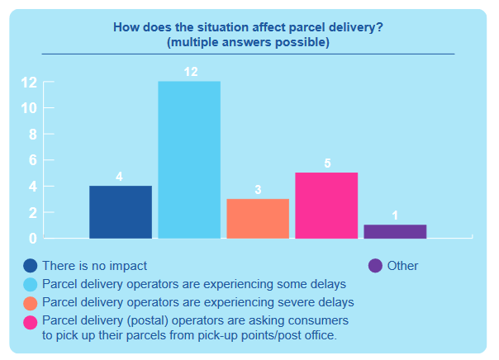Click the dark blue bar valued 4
pos(121,212)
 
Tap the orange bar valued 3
pos(258,219)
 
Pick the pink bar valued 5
pos(326,206)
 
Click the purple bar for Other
pos(395,231)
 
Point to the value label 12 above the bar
pos(190,73)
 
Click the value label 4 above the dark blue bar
pos(120,177)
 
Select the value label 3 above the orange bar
pos(258,190)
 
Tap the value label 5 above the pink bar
pos(327,163)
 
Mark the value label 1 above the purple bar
pos(395,216)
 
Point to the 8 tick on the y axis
pos(32,135)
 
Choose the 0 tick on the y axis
pos(32,239)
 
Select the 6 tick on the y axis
pos(32,160)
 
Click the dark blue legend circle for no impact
pos(31,266)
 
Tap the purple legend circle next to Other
pos(375,266)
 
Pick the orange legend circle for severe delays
pos(31,301)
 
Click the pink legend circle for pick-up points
pos(31,320)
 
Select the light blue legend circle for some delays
pos(31,284)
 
